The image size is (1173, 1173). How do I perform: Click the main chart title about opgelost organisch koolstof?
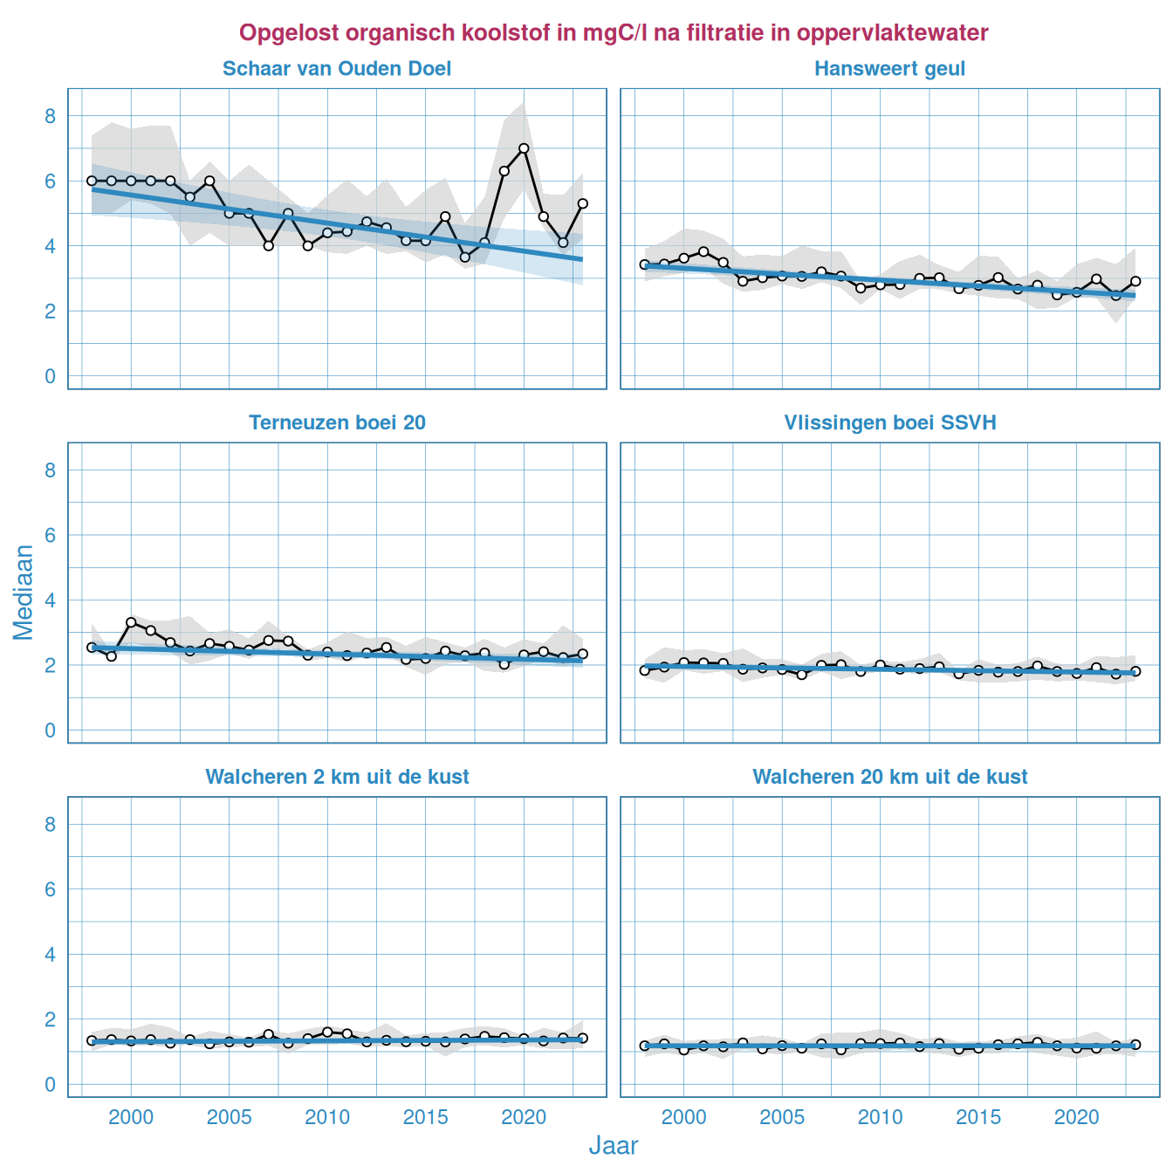[x=614, y=33]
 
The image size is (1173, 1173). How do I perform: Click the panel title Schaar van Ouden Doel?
[x=337, y=69]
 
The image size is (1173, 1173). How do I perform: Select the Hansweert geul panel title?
[x=889, y=69]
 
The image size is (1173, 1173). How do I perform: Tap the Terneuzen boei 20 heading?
[x=337, y=423]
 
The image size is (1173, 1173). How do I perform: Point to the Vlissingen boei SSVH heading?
[x=889, y=423]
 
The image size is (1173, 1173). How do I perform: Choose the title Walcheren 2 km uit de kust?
[x=337, y=777]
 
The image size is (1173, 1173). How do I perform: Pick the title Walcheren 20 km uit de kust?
[x=889, y=777]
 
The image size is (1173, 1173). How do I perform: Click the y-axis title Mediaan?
[x=24, y=592]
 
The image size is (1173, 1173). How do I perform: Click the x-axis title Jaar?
[x=614, y=1146]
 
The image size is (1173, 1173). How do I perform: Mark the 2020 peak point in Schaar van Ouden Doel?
[x=524, y=148]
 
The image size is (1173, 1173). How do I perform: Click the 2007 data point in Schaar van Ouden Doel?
[x=269, y=246]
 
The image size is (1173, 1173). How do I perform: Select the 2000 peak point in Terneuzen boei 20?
[x=131, y=622]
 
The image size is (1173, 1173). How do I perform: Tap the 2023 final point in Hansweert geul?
[x=1135, y=281]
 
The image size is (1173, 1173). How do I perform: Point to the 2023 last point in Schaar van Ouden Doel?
[x=583, y=203]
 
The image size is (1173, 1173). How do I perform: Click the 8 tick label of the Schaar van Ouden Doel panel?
[x=51, y=116]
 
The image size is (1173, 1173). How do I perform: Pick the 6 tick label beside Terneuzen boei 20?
[x=51, y=535]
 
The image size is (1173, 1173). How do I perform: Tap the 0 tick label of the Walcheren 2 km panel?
[x=51, y=1085]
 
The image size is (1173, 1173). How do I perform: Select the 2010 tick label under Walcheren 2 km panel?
[x=327, y=1117]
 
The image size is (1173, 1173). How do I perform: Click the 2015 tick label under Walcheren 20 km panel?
[x=978, y=1117]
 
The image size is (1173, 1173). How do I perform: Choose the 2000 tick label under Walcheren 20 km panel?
[x=683, y=1117]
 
